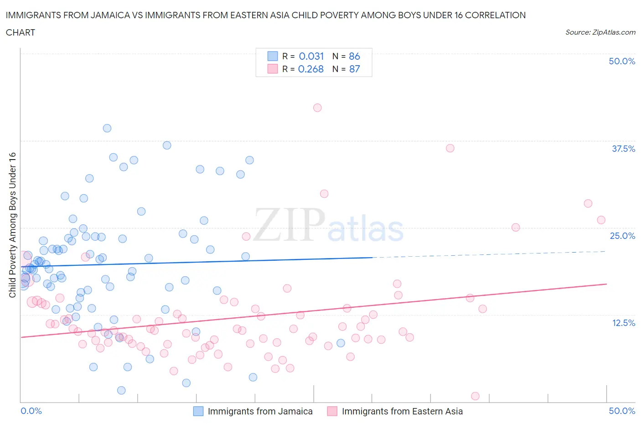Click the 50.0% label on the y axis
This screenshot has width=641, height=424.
pos(622,61)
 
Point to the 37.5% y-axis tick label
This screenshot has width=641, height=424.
pos(623,149)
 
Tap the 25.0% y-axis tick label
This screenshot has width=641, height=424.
pos(622,236)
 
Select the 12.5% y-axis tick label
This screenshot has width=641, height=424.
pos(623,323)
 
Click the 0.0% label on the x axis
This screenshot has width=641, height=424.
pos(31,411)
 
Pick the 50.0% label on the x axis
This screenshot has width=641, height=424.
pos(622,411)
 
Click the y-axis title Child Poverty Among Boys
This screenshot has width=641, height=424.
pos(13,225)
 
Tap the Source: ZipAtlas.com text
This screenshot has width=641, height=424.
pos(600,32)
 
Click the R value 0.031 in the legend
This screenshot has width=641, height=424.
pos(311,56)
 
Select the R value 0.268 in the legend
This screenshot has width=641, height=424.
pos(310,69)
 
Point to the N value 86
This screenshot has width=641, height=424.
pos(354,56)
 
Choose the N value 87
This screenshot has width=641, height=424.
pos(354,69)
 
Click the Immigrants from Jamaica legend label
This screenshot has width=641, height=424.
pos(260,411)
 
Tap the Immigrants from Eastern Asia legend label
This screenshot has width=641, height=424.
pos(402,411)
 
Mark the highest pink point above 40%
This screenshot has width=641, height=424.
pos(317,108)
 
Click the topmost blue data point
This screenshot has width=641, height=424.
pos(107,128)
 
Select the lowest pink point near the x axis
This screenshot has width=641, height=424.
pos(475,396)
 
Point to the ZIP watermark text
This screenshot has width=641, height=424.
pos(289,224)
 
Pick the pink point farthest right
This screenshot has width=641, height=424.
pos(601,220)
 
